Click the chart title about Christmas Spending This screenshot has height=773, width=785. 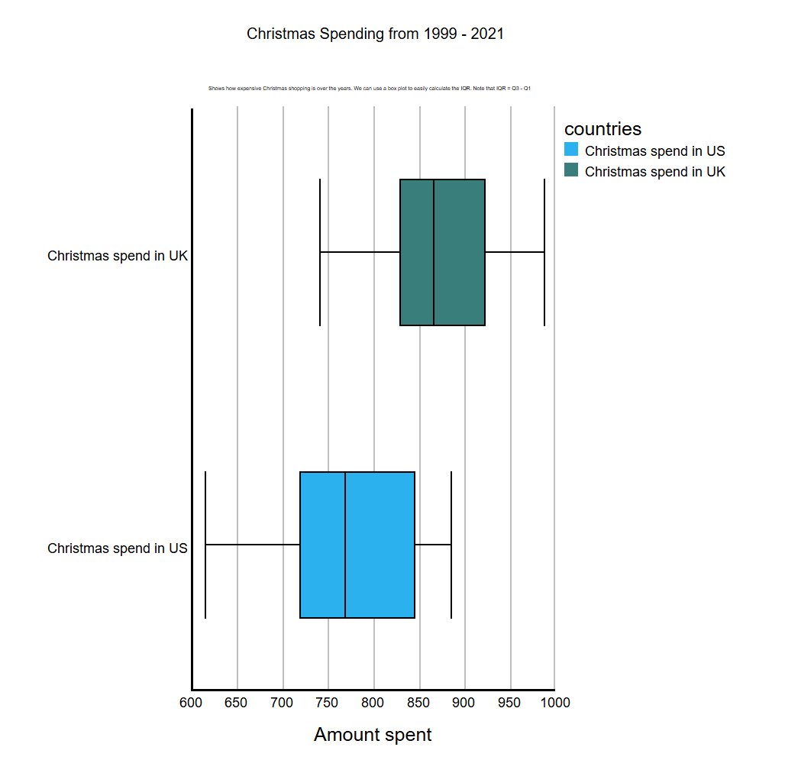pyautogui.click(x=375, y=34)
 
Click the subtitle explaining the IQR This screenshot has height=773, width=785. pyautogui.click(x=370, y=89)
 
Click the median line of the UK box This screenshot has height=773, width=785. pyautogui.click(x=434, y=252)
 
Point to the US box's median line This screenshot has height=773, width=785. pyautogui.click(x=345, y=545)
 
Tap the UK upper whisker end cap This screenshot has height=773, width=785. pyautogui.click(x=544, y=252)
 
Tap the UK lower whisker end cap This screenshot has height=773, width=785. pyautogui.click(x=320, y=252)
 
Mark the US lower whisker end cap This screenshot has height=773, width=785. pyautogui.click(x=205, y=545)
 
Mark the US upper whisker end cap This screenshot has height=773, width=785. pyautogui.click(x=451, y=545)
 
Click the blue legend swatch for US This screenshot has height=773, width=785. pyautogui.click(x=571, y=150)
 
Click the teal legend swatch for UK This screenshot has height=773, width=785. pyautogui.click(x=571, y=170)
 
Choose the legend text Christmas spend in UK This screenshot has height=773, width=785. pyautogui.click(x=654, y=172)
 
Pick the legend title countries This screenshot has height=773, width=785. pyautogui.click(x=602, y=129)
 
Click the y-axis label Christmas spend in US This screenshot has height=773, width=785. pyautogui.click(x=118, y=548)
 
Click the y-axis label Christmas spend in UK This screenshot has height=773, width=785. pyautogui.click(x=118, y=256)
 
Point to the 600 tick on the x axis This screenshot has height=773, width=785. pyautogui.click(x=191, y=703)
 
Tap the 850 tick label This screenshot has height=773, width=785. pyautogui.click(x=418, y=703)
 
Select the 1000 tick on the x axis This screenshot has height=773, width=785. pyautogui.click(x=555, y=703)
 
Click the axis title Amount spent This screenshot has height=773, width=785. pyautogui.click(x=373, y=735)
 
